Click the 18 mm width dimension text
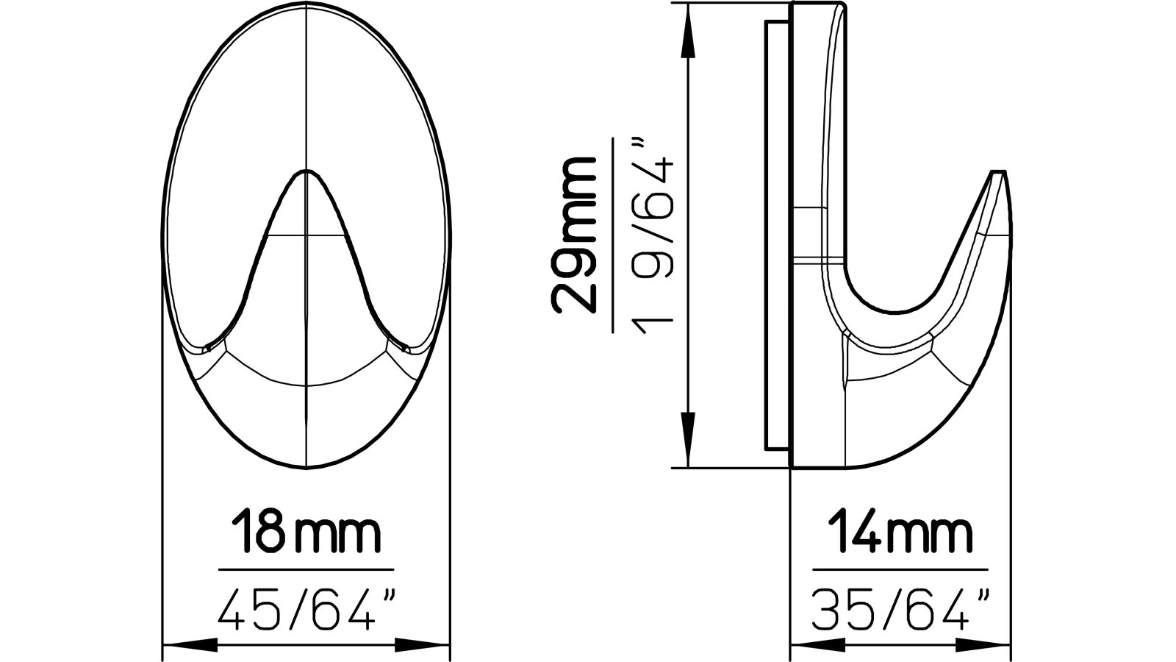tap(306, 535)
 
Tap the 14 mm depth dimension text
tap(900, 535)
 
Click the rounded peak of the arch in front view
tap(306, 173)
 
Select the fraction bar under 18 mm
tap(306, 569)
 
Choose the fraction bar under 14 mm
tap(900, 569)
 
